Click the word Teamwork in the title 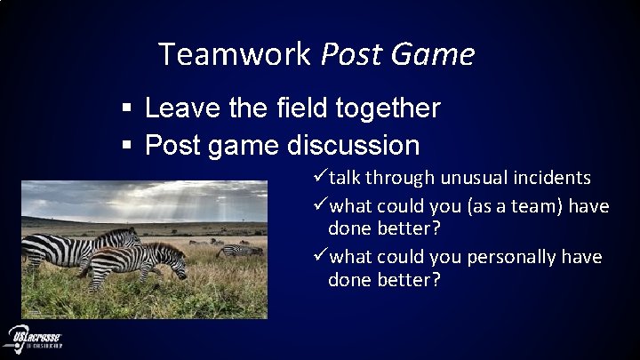[x=234, y=56]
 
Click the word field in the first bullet [x=302, y=108]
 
